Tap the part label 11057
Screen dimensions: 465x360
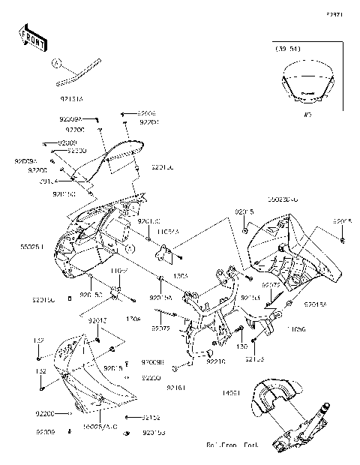121,270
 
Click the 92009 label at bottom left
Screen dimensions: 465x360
46,433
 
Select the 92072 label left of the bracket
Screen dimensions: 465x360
161,328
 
